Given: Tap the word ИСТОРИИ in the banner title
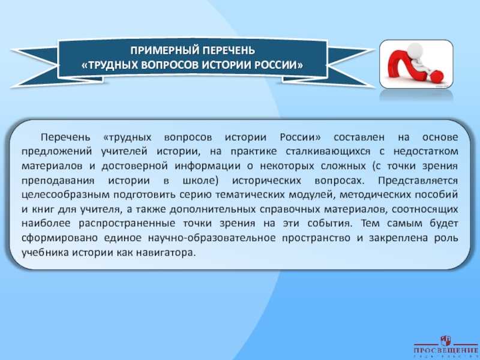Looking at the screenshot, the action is [x=226, y=65].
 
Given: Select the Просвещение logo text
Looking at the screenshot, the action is [x=445, y=350].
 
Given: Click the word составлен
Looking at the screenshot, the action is [x=359, y=137].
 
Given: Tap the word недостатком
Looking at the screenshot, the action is [x=425, y=151].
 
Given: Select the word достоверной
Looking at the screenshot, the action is [x=134, y=166].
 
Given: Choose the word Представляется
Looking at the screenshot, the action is [x=418, y=181].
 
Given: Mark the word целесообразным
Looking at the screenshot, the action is [x=65, y=194].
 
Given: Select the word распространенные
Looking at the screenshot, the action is [x=127, y=223].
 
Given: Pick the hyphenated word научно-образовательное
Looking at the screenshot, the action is [x=212, y=238].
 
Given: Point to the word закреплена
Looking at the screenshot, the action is [x=398, y=238].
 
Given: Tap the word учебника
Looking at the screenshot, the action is [x=46, y=253].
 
